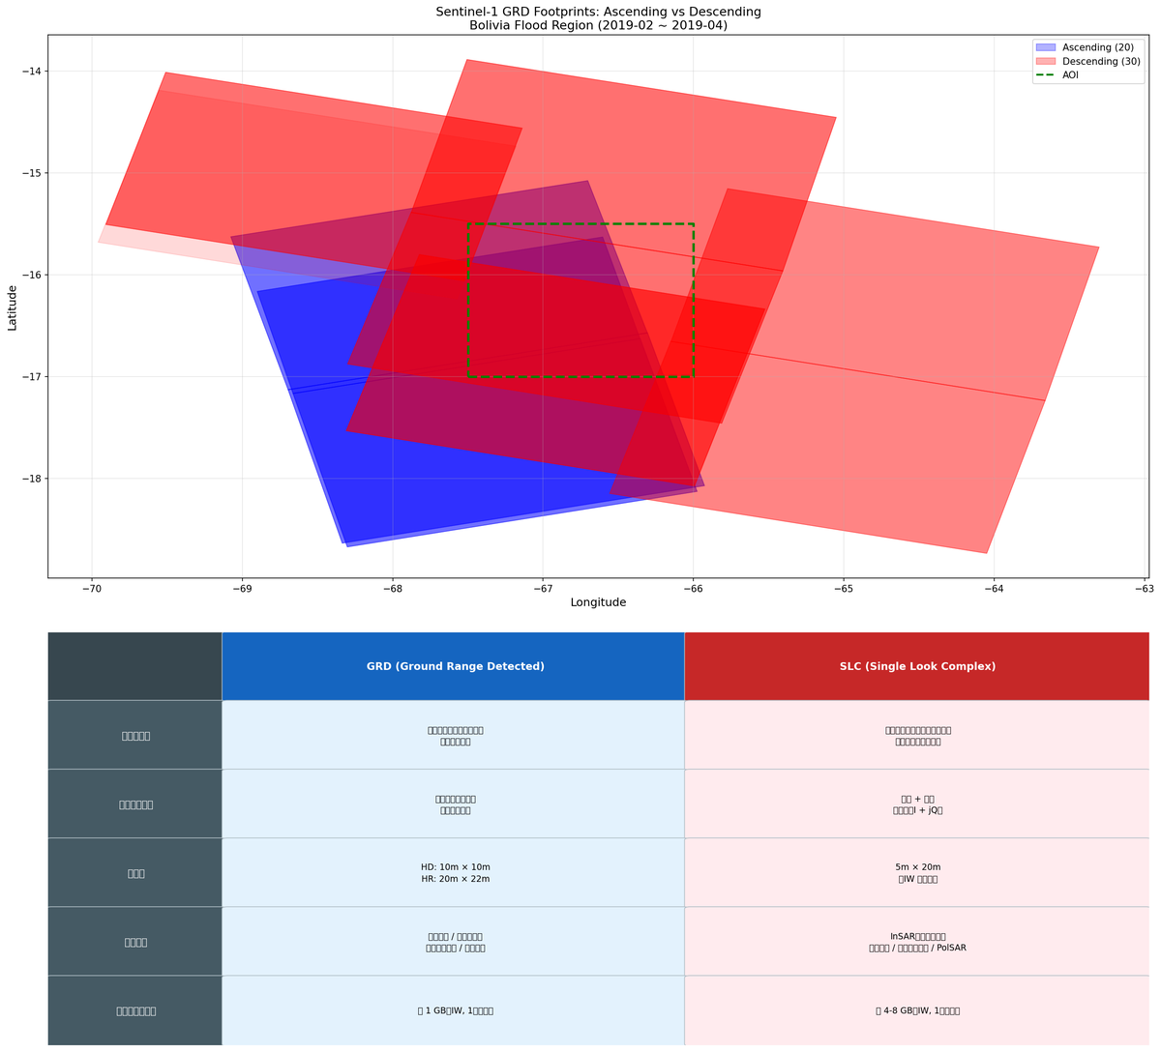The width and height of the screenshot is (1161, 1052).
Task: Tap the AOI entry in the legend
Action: [1070, 74]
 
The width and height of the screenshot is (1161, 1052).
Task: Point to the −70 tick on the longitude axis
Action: [92, 588]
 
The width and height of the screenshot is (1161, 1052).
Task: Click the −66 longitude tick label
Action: [693, 588]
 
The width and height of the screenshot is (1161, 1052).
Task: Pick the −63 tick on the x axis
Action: [1145, 588]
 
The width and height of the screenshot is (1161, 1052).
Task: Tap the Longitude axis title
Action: [598, 602]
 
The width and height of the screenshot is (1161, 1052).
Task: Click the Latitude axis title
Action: [13, 307]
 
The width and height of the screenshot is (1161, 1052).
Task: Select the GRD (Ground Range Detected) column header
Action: [455, 666]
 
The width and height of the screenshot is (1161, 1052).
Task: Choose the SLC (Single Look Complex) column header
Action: [917, 666]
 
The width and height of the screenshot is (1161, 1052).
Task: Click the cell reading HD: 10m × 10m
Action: [455, 873]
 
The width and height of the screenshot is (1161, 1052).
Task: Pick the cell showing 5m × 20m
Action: [917, 873]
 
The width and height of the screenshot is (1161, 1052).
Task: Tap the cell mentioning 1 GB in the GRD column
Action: [455, 1010]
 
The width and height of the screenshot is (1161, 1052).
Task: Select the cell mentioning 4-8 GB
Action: [917, 1010]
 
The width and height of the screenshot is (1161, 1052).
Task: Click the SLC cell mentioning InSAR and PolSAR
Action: [917, 942]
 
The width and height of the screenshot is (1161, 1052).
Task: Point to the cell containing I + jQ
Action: [917, 804]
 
